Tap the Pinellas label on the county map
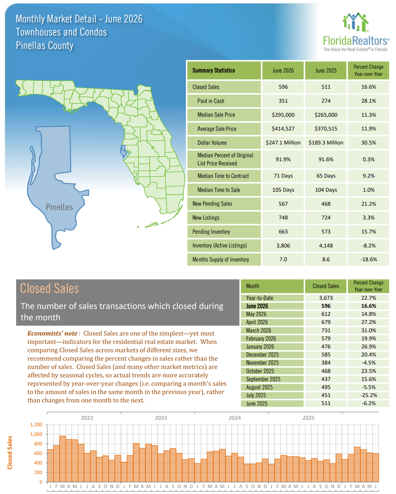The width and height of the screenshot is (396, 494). coord(59,207)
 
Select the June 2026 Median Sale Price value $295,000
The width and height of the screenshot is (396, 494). coord(283,115)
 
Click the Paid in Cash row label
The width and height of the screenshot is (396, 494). coord(211,101)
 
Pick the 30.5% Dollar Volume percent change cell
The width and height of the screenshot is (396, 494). coord(369,143)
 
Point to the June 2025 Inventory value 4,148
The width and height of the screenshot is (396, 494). coord(326,246)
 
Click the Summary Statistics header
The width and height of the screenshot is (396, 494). coord(214,70)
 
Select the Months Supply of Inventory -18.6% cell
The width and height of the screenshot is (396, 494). coord(369,259)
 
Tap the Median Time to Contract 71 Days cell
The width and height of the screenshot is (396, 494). coord(283,176)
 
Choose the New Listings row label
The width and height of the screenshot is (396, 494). coord(206,218)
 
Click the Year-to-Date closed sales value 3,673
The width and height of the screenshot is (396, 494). coord(326,298)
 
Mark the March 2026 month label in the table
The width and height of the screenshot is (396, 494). coord(259,330)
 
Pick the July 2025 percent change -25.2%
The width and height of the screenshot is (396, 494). coord(369,395)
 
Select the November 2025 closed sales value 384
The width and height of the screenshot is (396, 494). coord(326,363)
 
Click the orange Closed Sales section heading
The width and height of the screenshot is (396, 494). coord(49,288)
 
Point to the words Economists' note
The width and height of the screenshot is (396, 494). coord(53,333)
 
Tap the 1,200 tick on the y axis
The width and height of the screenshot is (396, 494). coord(36,424)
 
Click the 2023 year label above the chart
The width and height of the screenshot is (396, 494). coord(161,418)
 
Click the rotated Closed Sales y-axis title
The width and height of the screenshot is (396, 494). coord(10,453)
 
